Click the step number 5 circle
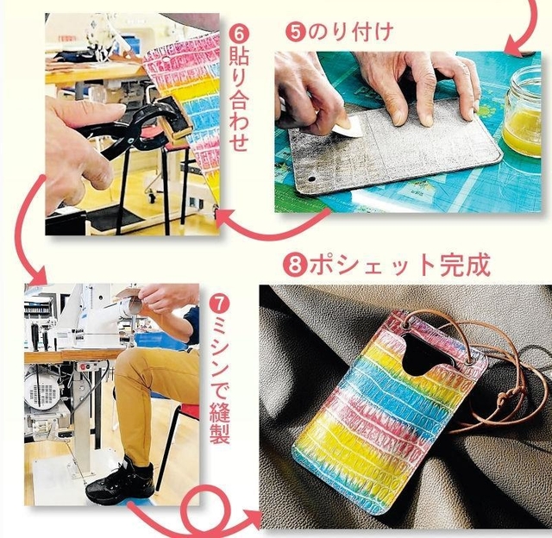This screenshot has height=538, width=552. point(296,33)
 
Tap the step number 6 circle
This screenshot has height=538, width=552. point(239,34)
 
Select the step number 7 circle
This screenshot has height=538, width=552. point(218,304)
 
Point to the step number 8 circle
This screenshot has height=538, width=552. point(296,265)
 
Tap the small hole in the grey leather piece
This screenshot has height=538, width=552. point(311,179)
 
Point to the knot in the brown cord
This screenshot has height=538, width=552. point(506,398)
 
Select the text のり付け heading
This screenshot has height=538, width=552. point(351,33)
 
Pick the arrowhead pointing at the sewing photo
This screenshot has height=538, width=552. point(37,276)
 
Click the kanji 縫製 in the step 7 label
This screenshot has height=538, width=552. point(220,423)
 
